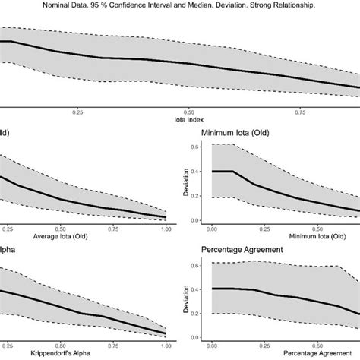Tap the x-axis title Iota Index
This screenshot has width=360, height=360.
pyautogui.click(x=189, y=119)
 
